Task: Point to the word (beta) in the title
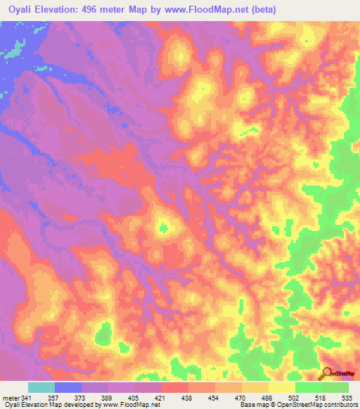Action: [259, 10]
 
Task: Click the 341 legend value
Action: [26, 397]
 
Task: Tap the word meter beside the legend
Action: [10, 397]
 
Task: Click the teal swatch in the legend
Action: [41, 387]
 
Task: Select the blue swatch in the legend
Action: [68, 387]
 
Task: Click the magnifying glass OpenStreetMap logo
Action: [328, 373]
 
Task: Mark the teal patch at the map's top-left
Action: [12, 51]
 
